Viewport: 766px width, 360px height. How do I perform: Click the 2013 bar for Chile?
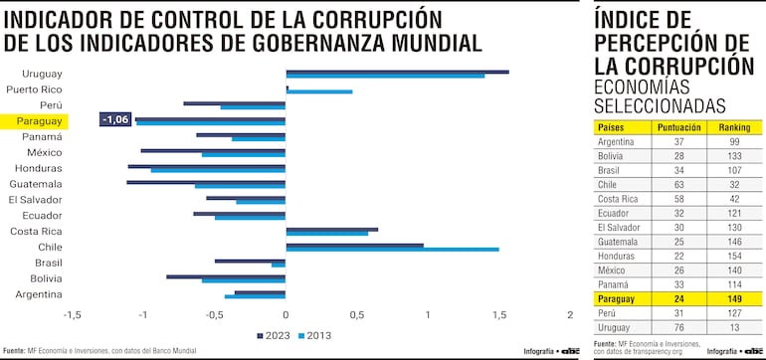point(392,250)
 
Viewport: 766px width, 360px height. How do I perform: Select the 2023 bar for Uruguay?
point(397,72)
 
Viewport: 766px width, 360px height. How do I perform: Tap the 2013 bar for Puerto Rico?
point(318,91)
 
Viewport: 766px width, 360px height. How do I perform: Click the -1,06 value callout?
point(115,119)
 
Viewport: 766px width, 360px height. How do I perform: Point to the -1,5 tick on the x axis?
point(72,315)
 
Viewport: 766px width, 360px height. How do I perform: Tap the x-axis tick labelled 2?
point(570,315)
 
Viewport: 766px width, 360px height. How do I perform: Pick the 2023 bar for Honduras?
point(206,166)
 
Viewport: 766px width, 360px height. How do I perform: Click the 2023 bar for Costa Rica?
point(331,229)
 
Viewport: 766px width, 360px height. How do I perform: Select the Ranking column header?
point(735,127)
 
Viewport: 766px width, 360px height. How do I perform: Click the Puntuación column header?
point(679,127)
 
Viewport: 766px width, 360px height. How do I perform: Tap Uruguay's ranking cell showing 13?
point(735,326)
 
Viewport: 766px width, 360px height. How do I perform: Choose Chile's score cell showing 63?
point(679,184)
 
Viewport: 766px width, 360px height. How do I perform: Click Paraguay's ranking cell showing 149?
point(735,297)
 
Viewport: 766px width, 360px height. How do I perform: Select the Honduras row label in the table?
point(614,256)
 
